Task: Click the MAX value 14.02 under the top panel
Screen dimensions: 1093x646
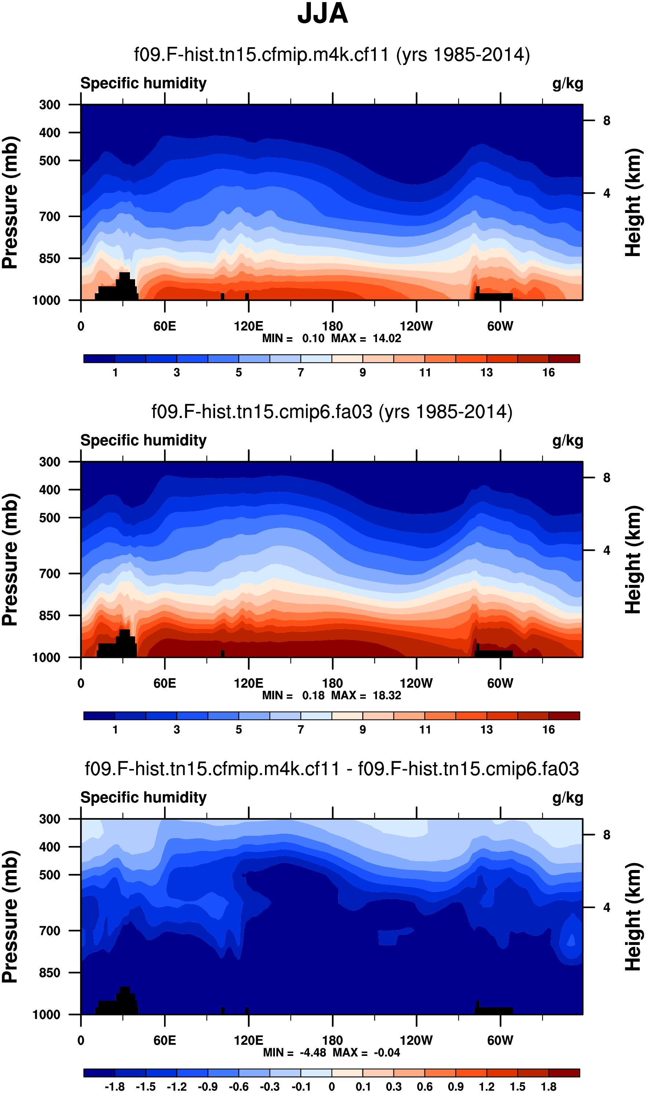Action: [x=386, y=338]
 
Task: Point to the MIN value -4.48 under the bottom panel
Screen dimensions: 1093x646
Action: [x=313, y=1053]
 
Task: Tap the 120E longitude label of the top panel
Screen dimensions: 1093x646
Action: [x=248, y=326]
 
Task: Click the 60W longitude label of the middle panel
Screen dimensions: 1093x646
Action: [x=500, y=683]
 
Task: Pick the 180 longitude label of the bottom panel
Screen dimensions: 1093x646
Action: [x=332, y=1040]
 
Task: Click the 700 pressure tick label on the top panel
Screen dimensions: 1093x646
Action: [x=50, y=216]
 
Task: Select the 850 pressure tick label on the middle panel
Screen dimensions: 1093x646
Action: [x=50, y=615]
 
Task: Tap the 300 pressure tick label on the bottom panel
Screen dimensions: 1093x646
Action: [x=50, y=819]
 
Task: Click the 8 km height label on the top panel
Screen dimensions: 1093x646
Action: [x=606, y=121]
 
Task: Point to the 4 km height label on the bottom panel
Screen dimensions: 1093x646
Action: [x=606, y=907]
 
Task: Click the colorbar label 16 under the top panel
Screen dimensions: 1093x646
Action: [x=548, y=373]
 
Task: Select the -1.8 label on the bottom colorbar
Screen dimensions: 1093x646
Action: [x=115, y=1087]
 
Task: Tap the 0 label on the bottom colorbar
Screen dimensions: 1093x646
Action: [x=332, y=1087]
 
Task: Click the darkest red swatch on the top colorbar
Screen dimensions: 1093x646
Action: [x=564, y=359]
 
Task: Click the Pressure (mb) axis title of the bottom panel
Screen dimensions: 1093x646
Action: [x=10, y=917]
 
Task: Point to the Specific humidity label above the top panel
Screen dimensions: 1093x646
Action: [x=143, y=83]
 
